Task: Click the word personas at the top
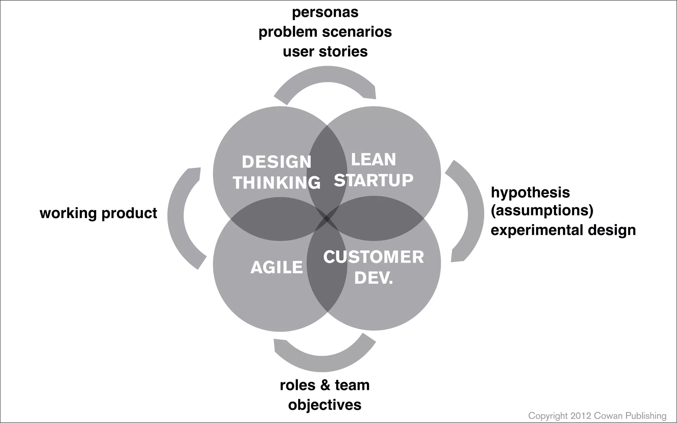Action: point(325,13)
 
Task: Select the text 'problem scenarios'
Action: point(325,32)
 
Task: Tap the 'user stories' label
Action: point(325,52)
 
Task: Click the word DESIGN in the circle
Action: point(277,162)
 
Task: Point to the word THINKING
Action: point(277,182)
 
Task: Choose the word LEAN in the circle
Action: point(373,160)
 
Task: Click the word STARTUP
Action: point(374,180)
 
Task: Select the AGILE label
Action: point(277,267)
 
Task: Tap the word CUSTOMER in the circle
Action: point(374,257)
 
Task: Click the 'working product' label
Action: point(98,213)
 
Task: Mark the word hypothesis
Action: point(530,192)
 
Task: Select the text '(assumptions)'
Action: point(542,210)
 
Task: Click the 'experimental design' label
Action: point(563,230)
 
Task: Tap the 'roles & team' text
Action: point(325,385)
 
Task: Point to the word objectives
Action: point(325,405)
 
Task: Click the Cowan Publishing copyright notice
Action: point(597,415)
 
